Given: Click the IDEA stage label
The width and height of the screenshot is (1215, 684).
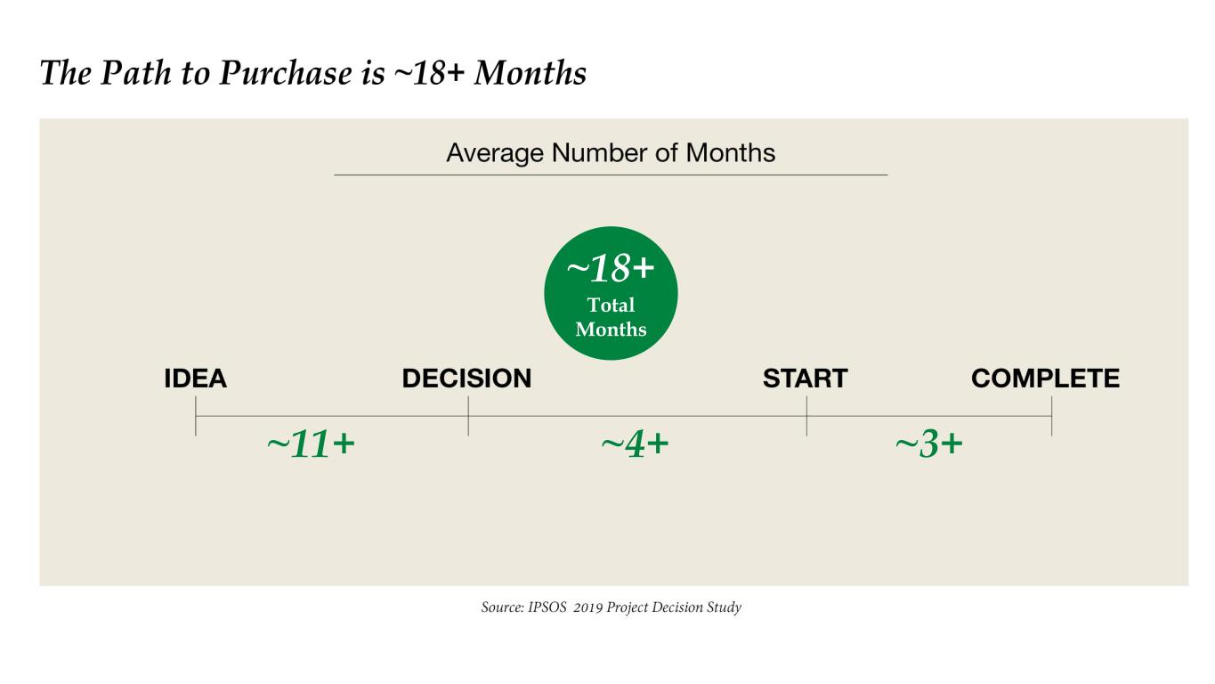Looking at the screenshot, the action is pos(195,379).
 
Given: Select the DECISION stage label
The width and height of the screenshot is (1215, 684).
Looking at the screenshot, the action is pos(466,379).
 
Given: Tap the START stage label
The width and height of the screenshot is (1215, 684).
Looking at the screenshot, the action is pos(805,379).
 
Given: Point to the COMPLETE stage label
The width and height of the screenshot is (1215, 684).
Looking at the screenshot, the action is pos(1045,379).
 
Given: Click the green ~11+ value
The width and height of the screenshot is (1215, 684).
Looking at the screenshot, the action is pos(312,444).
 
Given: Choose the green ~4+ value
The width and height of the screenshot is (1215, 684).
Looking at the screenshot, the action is pos(636,444).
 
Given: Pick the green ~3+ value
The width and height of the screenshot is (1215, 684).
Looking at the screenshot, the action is pos(929,444).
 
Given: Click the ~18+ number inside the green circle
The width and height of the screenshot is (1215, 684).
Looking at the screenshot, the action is pos(611,268).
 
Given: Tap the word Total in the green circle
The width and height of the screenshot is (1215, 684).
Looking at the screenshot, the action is pos(611,305).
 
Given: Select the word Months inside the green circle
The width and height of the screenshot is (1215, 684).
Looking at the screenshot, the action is pos(611,330).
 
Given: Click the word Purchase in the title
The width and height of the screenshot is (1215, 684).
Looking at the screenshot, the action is pos(286,73).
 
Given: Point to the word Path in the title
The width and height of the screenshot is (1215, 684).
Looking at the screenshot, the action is pos(136,73).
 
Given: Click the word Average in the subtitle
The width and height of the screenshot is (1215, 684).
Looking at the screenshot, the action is pos(495,153).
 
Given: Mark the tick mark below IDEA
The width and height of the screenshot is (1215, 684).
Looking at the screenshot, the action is pos(196,416).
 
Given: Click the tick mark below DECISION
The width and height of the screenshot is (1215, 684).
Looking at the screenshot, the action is pos(468,416).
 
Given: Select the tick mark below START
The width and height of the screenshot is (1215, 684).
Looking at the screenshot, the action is pos(806,416).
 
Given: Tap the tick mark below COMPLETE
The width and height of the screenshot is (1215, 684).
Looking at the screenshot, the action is pos(1052,416).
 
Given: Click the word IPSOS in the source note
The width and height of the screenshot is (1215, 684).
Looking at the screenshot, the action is pos(547,607).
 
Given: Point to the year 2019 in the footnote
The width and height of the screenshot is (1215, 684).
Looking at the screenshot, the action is pos(588,607).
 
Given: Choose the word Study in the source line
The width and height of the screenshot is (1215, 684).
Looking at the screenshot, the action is pos(724,607).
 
